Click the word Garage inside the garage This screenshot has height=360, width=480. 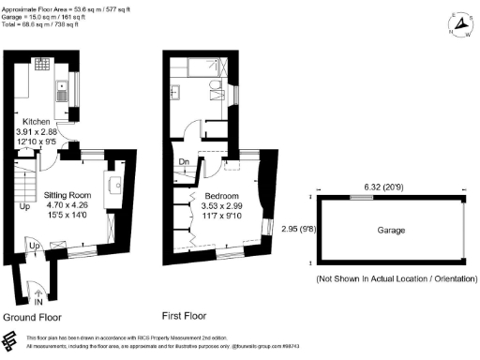[x=391, y=230]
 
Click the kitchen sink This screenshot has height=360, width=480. [x=59, y=94]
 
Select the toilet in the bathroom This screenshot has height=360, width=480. [x=217, y=89]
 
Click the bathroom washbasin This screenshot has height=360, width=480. [x=176, y=91]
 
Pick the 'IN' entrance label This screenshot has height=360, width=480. [x=38, y=303]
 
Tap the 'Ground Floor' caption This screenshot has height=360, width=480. [x=39, y=316]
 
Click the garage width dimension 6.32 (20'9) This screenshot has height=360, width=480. [x=391, y=187]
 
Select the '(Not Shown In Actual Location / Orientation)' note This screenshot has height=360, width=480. [x=393, y=279]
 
